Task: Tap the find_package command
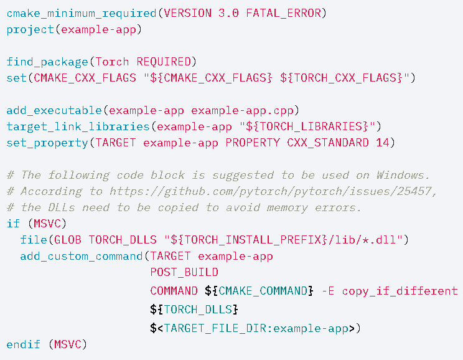pos(47,62)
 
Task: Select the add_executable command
pos(54,110)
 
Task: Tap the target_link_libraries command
pos(80,126)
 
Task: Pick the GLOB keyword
pos(69,240)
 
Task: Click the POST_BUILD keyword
pos(184,272)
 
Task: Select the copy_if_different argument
pos(400,291)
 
